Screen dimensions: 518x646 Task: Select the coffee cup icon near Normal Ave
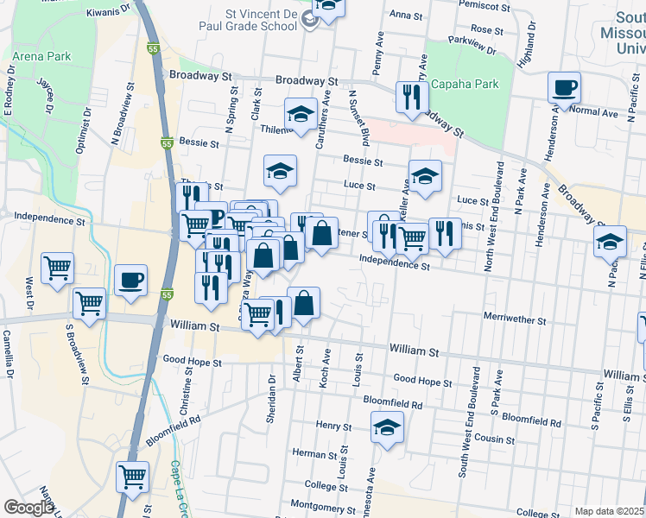[564, 88]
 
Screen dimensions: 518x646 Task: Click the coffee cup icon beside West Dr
[130, 281]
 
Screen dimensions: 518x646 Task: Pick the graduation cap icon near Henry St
[387, 426]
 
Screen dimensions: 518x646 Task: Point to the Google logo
[28, 508]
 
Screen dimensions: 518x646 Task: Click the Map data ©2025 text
[609, 511]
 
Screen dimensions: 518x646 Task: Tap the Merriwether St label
[515, 320]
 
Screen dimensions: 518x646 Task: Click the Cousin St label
[494, 439]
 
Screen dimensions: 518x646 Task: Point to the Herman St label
[307, 453]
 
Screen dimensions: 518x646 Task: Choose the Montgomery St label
[318, 505]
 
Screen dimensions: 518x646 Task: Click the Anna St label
[405, 16]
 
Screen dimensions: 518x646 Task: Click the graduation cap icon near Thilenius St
[301, 114]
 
